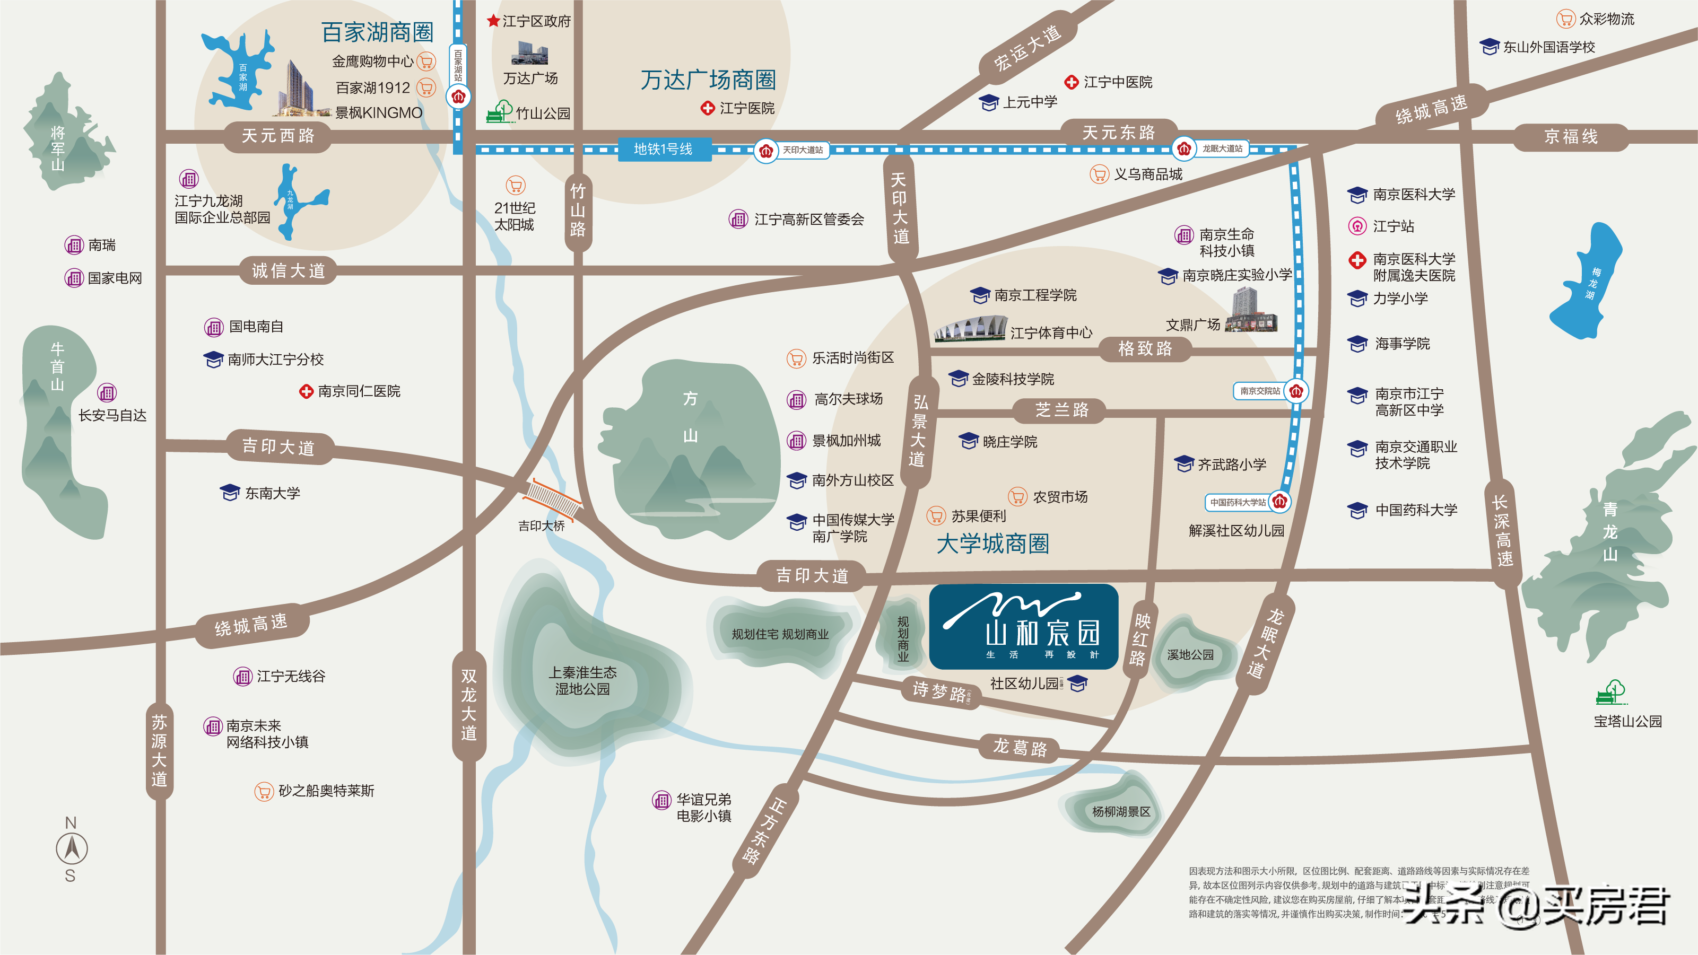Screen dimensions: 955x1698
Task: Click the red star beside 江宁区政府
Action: tap(492, 21)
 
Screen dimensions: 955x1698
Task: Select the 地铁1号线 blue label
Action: tap(664, 149)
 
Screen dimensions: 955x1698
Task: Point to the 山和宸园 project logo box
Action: tap(1023, 626)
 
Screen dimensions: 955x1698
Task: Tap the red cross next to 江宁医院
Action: tap(707, 108)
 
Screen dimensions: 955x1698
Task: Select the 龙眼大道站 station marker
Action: tap(1184, 149)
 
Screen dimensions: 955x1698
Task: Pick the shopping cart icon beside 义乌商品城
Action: tap(1099, 174)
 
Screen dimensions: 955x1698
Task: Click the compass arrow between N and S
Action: tap(71, 849)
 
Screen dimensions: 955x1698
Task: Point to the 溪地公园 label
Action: tap(1190, 654)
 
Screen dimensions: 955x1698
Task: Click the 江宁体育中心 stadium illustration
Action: tap(970, 328)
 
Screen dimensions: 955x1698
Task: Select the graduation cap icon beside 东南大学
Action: tap(229, 493)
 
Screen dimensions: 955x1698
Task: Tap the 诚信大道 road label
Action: tap(288, 271)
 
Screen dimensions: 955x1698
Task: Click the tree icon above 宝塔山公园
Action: tap(1611, 693)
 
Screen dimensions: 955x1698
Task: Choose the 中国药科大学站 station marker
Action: tap(1279, 502)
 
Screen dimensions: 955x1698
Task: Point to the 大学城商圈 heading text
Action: tap(992, 544)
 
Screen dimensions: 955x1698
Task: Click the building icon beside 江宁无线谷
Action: tap(242, 676)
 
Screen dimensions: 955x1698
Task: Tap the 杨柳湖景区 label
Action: tap(1120, 811)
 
